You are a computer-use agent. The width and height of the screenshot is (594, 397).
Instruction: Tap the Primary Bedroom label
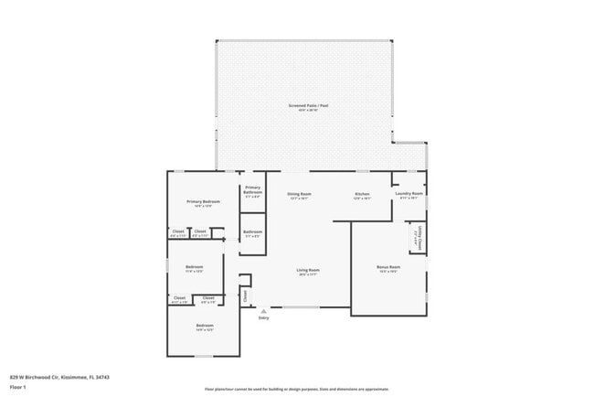(x=204, y=201)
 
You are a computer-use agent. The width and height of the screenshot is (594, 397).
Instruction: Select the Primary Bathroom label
(x=253, y=190)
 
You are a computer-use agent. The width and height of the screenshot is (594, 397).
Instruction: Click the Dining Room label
(x=300, y=193)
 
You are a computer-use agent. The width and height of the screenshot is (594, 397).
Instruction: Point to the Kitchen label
(x=362, y=193)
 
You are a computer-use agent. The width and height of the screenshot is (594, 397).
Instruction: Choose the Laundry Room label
(x=408, y=193)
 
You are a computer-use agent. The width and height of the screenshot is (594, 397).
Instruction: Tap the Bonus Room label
(x=388, y=267)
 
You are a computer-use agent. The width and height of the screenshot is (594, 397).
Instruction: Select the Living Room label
(x=308, y=269)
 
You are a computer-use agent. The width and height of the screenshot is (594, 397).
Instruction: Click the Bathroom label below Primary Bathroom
(x=253, y=231)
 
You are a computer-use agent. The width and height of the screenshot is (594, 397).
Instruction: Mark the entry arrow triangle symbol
(x=263, y=311)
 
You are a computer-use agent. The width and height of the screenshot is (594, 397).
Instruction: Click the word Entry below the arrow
(x=263, y=318)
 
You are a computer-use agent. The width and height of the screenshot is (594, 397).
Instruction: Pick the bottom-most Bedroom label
(x=204, y=326)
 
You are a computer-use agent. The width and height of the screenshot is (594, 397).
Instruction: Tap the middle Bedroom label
(x=195, y=267)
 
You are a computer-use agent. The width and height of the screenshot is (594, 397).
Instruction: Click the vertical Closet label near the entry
(x=244, y=295)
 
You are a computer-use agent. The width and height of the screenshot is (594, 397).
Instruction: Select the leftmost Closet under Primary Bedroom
(x=178, y=231)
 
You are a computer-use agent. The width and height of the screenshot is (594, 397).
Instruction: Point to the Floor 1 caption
(x=17, y=387)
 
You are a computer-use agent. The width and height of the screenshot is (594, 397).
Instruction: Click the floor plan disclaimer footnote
(x=296, y=390)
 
